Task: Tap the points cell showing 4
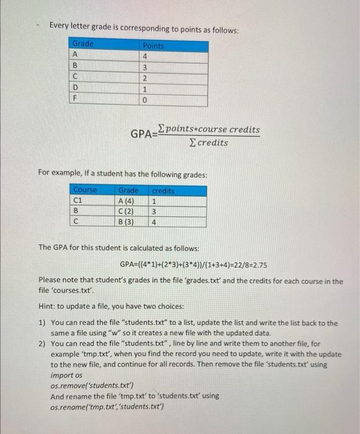pyautogui.click(x=145, y=56)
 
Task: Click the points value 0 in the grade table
pyautogui.click(x=145, y=101)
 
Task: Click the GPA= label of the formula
pyautogui.click(x=143, y=133)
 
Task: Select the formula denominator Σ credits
pyautogui.click(x=207, y=143)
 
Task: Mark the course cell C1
pyautogui.click(x=78, y=200)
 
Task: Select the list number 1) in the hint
pyautogui.click(x=42, y=323)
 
